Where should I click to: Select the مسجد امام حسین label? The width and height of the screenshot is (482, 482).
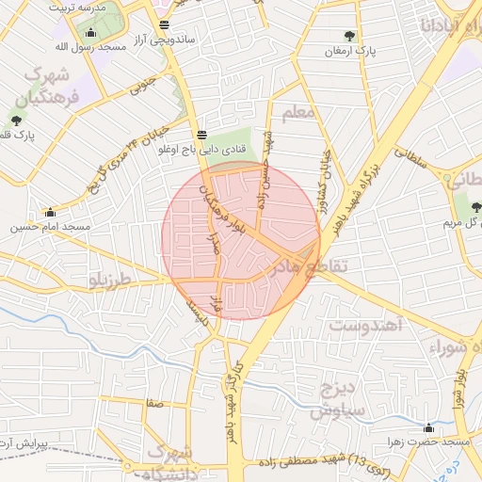point(50,227)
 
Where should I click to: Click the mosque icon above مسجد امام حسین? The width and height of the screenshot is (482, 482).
point(50,213)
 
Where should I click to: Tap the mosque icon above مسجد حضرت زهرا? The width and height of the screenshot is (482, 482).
point(429,427)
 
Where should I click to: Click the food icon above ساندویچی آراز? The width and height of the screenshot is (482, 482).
point(166,25)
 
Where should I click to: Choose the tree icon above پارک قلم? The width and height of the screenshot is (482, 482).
point(16,120)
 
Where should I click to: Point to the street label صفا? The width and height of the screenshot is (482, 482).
point(153,404)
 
